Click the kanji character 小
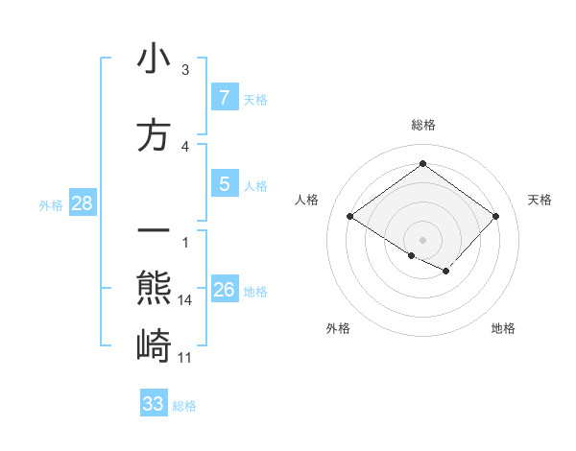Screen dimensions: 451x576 [154, 59]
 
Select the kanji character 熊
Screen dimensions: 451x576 [154, 288]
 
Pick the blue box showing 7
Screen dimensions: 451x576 [224, 98]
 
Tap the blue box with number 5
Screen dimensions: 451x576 [224, 184]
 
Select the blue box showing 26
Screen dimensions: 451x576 [224, 290]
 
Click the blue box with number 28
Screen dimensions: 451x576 [82, 203]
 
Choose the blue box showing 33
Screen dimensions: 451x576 [154, 404]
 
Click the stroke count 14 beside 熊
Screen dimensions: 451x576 [186, 300]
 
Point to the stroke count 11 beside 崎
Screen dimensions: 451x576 [186, 358]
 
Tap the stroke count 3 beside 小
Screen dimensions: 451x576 [185, 70]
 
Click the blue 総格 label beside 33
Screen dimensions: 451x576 [184, 406]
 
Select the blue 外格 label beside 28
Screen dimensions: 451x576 [51, 204]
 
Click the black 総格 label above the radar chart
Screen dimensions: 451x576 [422, 125]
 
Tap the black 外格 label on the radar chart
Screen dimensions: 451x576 [338, 328]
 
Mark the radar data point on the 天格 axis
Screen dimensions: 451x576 [495, 217]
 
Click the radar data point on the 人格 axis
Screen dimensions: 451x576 [350, 217]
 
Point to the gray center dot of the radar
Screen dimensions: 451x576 [422, 238]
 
